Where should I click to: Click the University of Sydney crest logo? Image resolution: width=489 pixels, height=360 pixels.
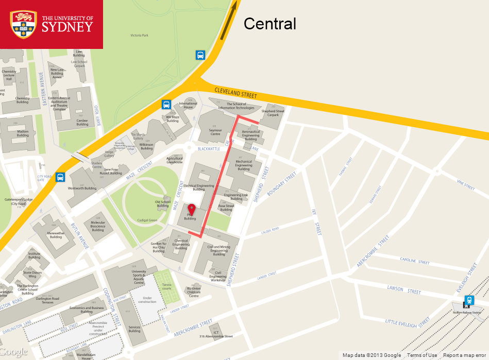pos(24,25)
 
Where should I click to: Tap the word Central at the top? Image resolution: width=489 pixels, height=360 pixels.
pos(269,24)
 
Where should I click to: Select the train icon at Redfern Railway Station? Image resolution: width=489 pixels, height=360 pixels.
pos(469,300)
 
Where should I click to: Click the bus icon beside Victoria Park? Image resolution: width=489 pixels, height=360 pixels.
pos(200,55)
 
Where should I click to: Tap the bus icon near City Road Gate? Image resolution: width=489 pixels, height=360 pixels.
pos(60,177)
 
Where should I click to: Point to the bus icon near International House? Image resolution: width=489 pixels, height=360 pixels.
pos(166,105)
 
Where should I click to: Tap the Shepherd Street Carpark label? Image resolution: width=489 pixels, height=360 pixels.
pos(273,113)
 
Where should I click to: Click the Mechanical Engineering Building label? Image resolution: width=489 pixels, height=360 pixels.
pos(244,165)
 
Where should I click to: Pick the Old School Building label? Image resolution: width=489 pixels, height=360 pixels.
pos(162,203)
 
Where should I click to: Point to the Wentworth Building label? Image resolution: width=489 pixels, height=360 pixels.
pos(82,188)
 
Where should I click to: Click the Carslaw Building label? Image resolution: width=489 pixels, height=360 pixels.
pos(82,122)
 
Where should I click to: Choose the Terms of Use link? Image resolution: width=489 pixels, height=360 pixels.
pos(421,355)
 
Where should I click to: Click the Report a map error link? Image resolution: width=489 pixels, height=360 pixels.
pos(464,355)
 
